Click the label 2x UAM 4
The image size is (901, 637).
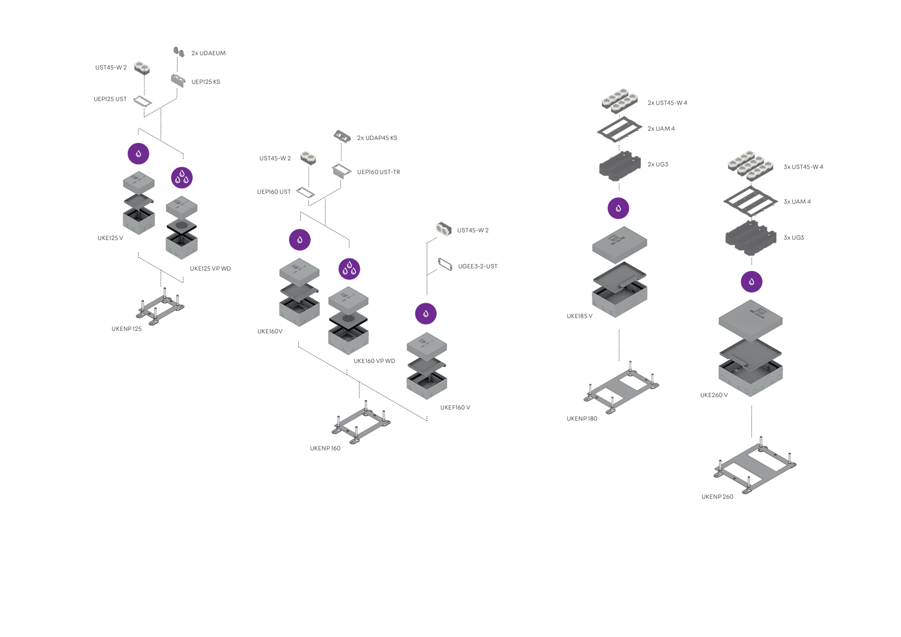[x=661, y=129]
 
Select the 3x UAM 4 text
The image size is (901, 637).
[x=797, y=202]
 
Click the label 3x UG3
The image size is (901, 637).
[x=794, y=238]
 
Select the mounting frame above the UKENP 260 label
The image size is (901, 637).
[x=755, y=466]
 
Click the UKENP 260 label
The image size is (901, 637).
[x=717, y=497]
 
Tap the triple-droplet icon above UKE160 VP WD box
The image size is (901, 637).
[x=350, y=269]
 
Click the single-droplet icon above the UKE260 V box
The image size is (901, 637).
[x=751, y=282]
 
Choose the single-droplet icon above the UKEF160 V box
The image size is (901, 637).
[x=426, y=314]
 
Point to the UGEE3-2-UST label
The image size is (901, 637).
[x=478, y=267]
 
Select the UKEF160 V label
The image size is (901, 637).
[x=455, y=408]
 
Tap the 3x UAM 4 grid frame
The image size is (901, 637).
[x=750, y=201]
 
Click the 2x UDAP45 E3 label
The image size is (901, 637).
[x=377, y=138]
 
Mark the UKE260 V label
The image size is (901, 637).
[x=714, y=395]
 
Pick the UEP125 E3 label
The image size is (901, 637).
[x=206, y=82]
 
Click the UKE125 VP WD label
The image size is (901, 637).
[x=210, y=269]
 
